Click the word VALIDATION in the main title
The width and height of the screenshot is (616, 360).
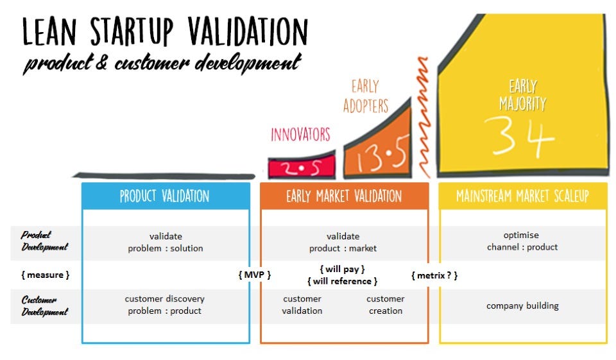click(248, 31)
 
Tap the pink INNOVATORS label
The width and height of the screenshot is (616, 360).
click(300, 134)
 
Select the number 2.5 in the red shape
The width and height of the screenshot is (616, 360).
click(302, 168)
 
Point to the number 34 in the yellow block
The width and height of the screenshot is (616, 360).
click(520, 137)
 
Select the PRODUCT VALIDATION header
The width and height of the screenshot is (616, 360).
click(165, 196)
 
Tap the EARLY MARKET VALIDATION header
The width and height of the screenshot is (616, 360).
click(344, 196)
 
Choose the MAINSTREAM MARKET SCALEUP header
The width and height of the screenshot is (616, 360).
click(522, 196)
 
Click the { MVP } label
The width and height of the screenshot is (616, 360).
click(255, 275)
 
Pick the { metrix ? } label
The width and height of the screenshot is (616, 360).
click(434, 275)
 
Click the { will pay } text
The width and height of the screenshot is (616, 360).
click(342, 270)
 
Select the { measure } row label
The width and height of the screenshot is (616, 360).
click(45, 275)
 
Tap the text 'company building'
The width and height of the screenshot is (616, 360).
click(522, 305)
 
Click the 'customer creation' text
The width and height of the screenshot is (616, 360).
click(386, 305)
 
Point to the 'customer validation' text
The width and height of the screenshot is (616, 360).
click(302, 305)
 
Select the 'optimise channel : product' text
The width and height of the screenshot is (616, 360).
click(522, 241)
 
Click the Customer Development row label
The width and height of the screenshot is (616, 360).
click(44, 306)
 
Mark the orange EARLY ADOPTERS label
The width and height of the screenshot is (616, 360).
click(365, 96)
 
